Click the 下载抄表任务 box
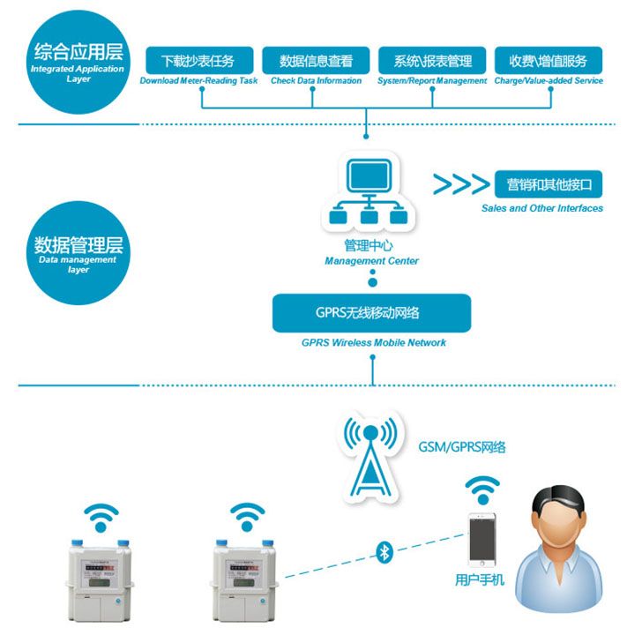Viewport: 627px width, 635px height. point(198,61)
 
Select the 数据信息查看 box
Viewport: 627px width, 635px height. point(316,61)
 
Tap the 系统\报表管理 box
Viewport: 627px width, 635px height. point(432,61)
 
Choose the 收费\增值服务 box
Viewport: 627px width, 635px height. point(549,61)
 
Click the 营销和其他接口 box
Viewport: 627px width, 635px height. point(548,185)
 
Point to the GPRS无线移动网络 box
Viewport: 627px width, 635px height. point(371,313)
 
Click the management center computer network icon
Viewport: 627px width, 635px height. point(369,192)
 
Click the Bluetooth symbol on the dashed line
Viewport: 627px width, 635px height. point(384,552)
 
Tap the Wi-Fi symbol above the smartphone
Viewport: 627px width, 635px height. point(481,488)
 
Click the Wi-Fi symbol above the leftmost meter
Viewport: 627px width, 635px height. point(101,515)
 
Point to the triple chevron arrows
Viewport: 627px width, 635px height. point(460,184)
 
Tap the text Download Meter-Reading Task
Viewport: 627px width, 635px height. point(198,81)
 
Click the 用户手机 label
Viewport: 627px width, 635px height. point(481,580)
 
